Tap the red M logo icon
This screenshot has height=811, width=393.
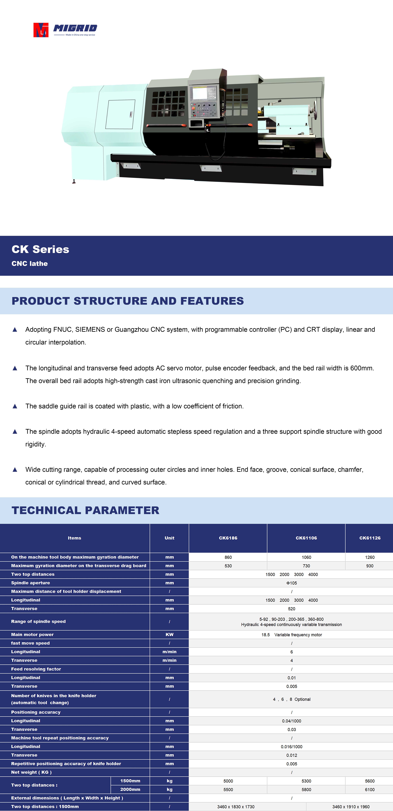tap(41, 30)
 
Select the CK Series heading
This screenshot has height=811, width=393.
tap(40, 249)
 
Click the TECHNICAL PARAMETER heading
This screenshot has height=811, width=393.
tap(85, 510)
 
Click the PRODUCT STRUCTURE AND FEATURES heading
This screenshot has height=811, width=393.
tap(127, 301)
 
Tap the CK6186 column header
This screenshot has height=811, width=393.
tap(228, 538)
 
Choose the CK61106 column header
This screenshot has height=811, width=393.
tap(306, 538)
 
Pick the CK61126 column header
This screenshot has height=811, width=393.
tap(370, 538)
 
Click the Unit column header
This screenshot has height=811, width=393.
tap(169, 538)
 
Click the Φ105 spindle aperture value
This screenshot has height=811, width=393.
tap(292, 583)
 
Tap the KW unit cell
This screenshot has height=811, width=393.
tap(169, 635)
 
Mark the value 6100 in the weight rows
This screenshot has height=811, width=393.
tap(370, 790)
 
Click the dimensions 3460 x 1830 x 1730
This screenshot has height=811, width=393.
tap(236, 807)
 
